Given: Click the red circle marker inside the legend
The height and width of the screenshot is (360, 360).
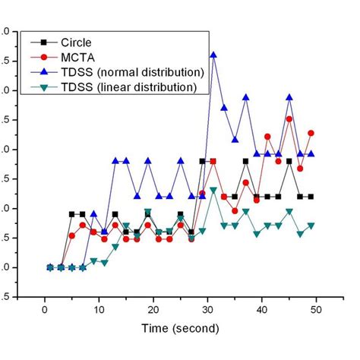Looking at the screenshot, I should coord(44,57).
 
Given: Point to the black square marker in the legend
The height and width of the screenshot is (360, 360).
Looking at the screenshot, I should coord(44,42).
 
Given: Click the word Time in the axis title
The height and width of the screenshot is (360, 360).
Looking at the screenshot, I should coord(155,329).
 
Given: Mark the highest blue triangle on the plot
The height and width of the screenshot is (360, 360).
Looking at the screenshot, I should coord(213,55).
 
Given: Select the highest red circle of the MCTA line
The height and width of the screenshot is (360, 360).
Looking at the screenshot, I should coord(289,119).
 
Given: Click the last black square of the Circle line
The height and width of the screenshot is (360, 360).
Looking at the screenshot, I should coord(311,197).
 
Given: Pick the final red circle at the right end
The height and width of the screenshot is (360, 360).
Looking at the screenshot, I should coord(311,133).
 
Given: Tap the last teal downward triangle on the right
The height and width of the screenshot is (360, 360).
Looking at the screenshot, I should coord(311,226).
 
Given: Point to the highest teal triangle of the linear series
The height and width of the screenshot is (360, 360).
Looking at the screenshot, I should coord(213,190).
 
